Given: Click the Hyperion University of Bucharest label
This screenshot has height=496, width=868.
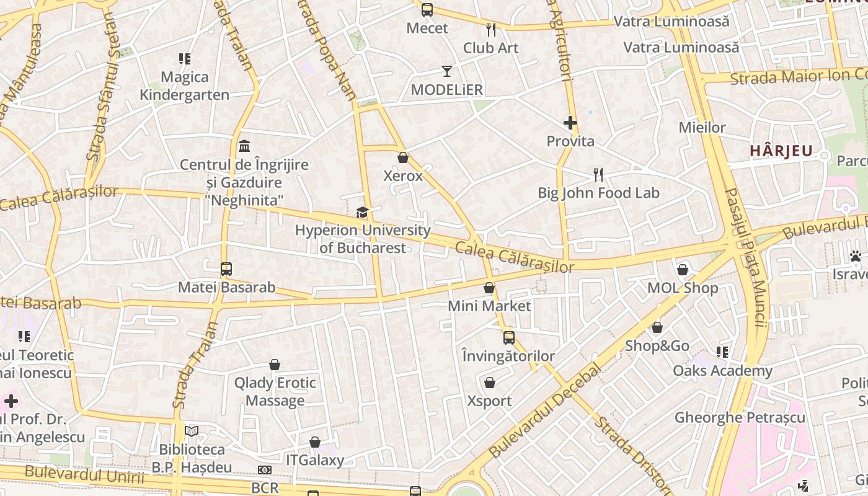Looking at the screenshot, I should click(x=362, y=239).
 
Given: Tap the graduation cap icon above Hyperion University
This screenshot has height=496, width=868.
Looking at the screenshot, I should click(x=362, y=213).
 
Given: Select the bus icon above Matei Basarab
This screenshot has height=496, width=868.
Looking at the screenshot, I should click(x=226, y=269).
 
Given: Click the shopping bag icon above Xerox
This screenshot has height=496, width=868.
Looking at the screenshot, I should click(x=403, y=157).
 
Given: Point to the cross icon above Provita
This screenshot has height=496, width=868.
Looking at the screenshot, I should click(x=570, y=123).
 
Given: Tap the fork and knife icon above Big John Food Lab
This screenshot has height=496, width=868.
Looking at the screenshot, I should click(x=598, y=175).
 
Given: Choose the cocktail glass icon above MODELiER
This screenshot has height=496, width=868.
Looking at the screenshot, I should click(x=447, y=71).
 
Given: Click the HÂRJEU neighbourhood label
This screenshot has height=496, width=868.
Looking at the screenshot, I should click(x=781, y=151).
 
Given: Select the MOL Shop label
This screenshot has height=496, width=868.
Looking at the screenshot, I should click(x=683, y=288).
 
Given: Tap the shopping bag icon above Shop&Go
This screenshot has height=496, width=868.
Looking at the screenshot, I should click(x=657, y=327).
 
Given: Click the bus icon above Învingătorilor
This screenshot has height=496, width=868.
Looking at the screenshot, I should click(x=509, y=338).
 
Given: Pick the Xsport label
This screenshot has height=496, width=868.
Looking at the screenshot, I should click(x=489, y=401).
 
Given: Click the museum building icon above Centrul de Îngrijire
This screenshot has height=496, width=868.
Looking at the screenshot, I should click(x=244, y=146).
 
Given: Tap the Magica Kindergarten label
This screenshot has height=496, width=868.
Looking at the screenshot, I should click(x=184, y=86).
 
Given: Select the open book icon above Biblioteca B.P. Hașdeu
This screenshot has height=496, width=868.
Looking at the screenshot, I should click(x=192, y=431).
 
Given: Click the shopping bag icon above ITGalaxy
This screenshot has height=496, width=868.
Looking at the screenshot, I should click(x=315, y=442).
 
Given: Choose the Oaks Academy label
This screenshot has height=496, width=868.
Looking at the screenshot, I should click(x=723, y=371).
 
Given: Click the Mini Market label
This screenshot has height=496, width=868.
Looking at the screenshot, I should click(x=489, y=306).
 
